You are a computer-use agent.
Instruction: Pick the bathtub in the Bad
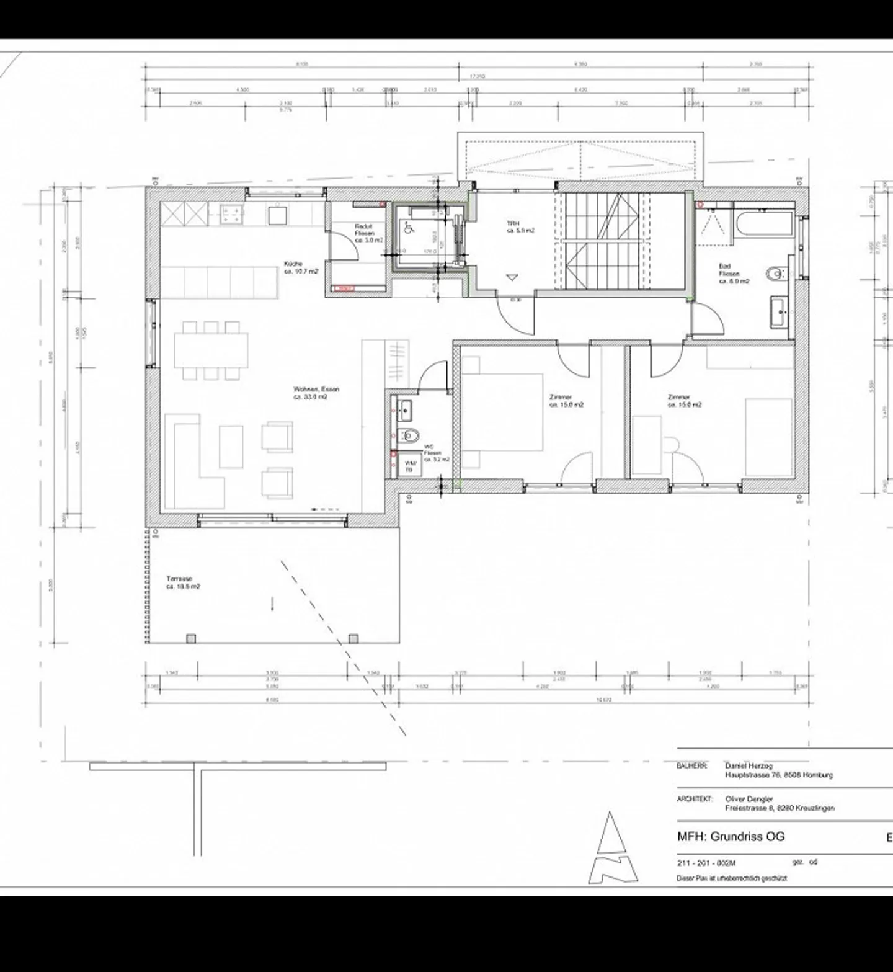coord(763,223)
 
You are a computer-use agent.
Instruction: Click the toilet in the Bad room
coord(775,274)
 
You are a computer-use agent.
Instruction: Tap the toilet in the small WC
coord(409,436)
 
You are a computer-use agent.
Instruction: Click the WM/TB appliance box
coord(409,466)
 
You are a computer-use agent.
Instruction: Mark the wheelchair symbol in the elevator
coord(409,228)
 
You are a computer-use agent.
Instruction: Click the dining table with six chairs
coord(211,350)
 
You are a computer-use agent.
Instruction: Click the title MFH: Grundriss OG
coord(731,836)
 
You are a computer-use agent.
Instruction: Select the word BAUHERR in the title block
coord(691,766)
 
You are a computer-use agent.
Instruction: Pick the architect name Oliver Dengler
coord(749,799)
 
